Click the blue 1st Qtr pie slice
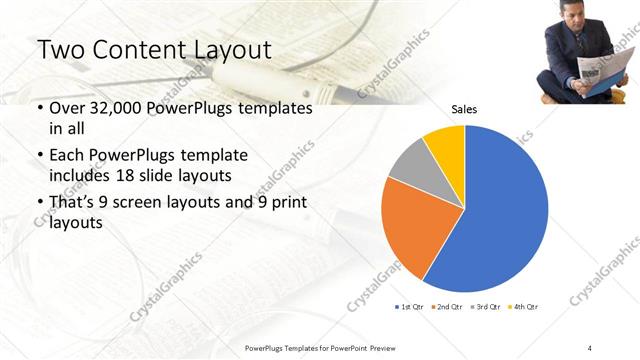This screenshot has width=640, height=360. (x=500, y=210)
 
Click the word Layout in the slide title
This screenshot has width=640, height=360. (x=227, y=50)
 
